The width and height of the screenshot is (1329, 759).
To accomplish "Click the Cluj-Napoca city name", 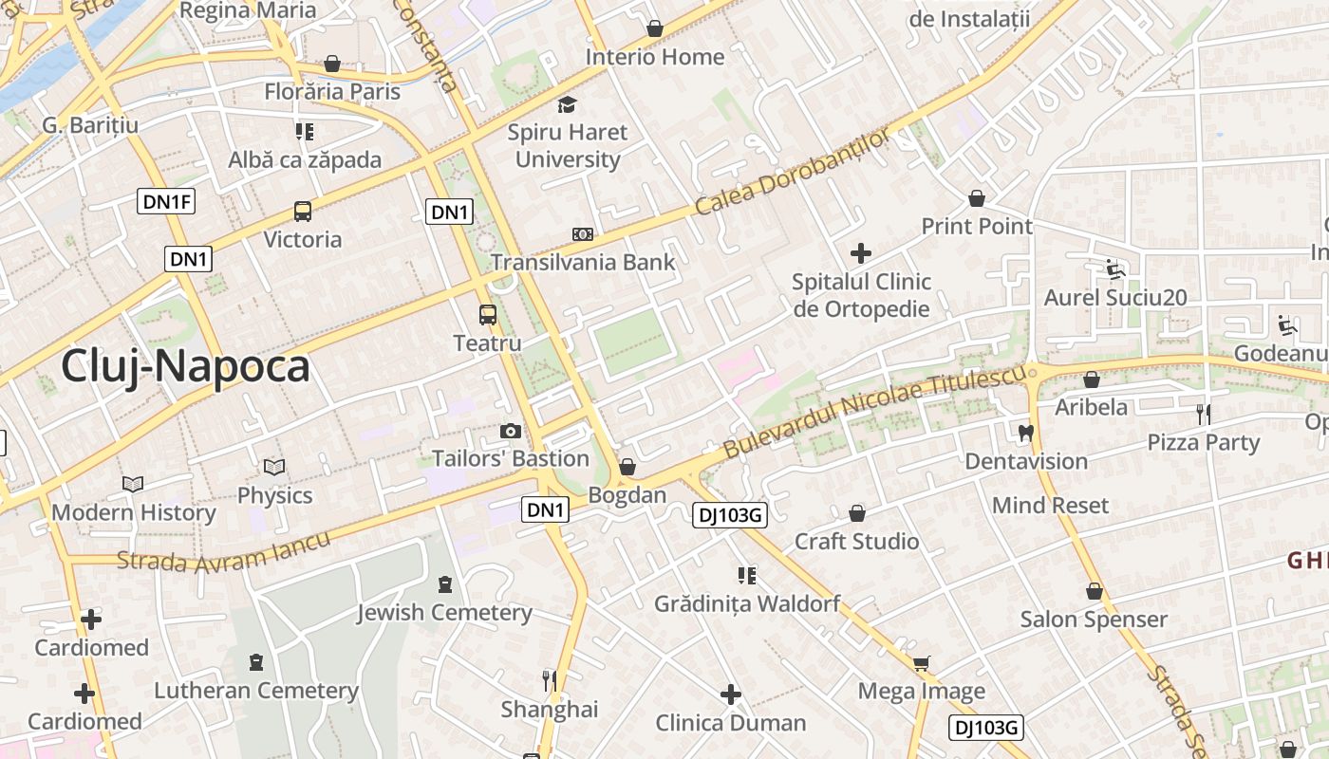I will pyautogui.click(x=185, y=366).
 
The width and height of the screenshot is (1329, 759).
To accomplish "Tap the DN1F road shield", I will pyautogui.click(x=166, y=201).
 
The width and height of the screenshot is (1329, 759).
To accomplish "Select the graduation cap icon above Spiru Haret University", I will pyautogui.click(x=567, y=104).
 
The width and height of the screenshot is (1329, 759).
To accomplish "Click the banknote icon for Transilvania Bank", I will pyautogui.click(x=582, y=234).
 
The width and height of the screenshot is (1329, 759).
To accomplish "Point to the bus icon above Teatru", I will pyautogui.click(x=487, y=315).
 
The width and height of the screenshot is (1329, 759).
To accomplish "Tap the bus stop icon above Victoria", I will pyautogui.click(x=302, y=212).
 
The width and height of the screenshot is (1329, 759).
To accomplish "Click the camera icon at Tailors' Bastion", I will pyautogui.click(x=511, y=432).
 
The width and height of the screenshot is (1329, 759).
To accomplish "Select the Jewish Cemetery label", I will pyautogui.click(x=444, y=613).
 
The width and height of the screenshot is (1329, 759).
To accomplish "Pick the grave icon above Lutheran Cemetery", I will pyautogui.click(x=255, y=661).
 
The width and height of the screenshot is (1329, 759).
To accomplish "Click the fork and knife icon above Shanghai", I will pyautogui.click(x=549, y=680).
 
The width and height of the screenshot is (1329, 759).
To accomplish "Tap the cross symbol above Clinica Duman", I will pyautogui.click(x=730, y=694).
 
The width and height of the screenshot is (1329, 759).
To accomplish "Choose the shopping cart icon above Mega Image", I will pyautogui.click(x=921, y=662).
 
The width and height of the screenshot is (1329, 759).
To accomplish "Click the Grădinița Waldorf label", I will pyautogui.click(x=747, y=603).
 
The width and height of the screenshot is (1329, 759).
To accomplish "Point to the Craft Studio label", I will pyautogui.click(x=856, y=542).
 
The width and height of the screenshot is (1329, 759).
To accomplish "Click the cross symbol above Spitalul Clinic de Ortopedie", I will pyautogui.click(x=861, y=253).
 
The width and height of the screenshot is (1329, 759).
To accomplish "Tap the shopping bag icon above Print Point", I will pyautogui.click(x=976, y=198).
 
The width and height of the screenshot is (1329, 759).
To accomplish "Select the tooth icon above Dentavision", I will pyautogui.click(x=1025, y=433).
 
